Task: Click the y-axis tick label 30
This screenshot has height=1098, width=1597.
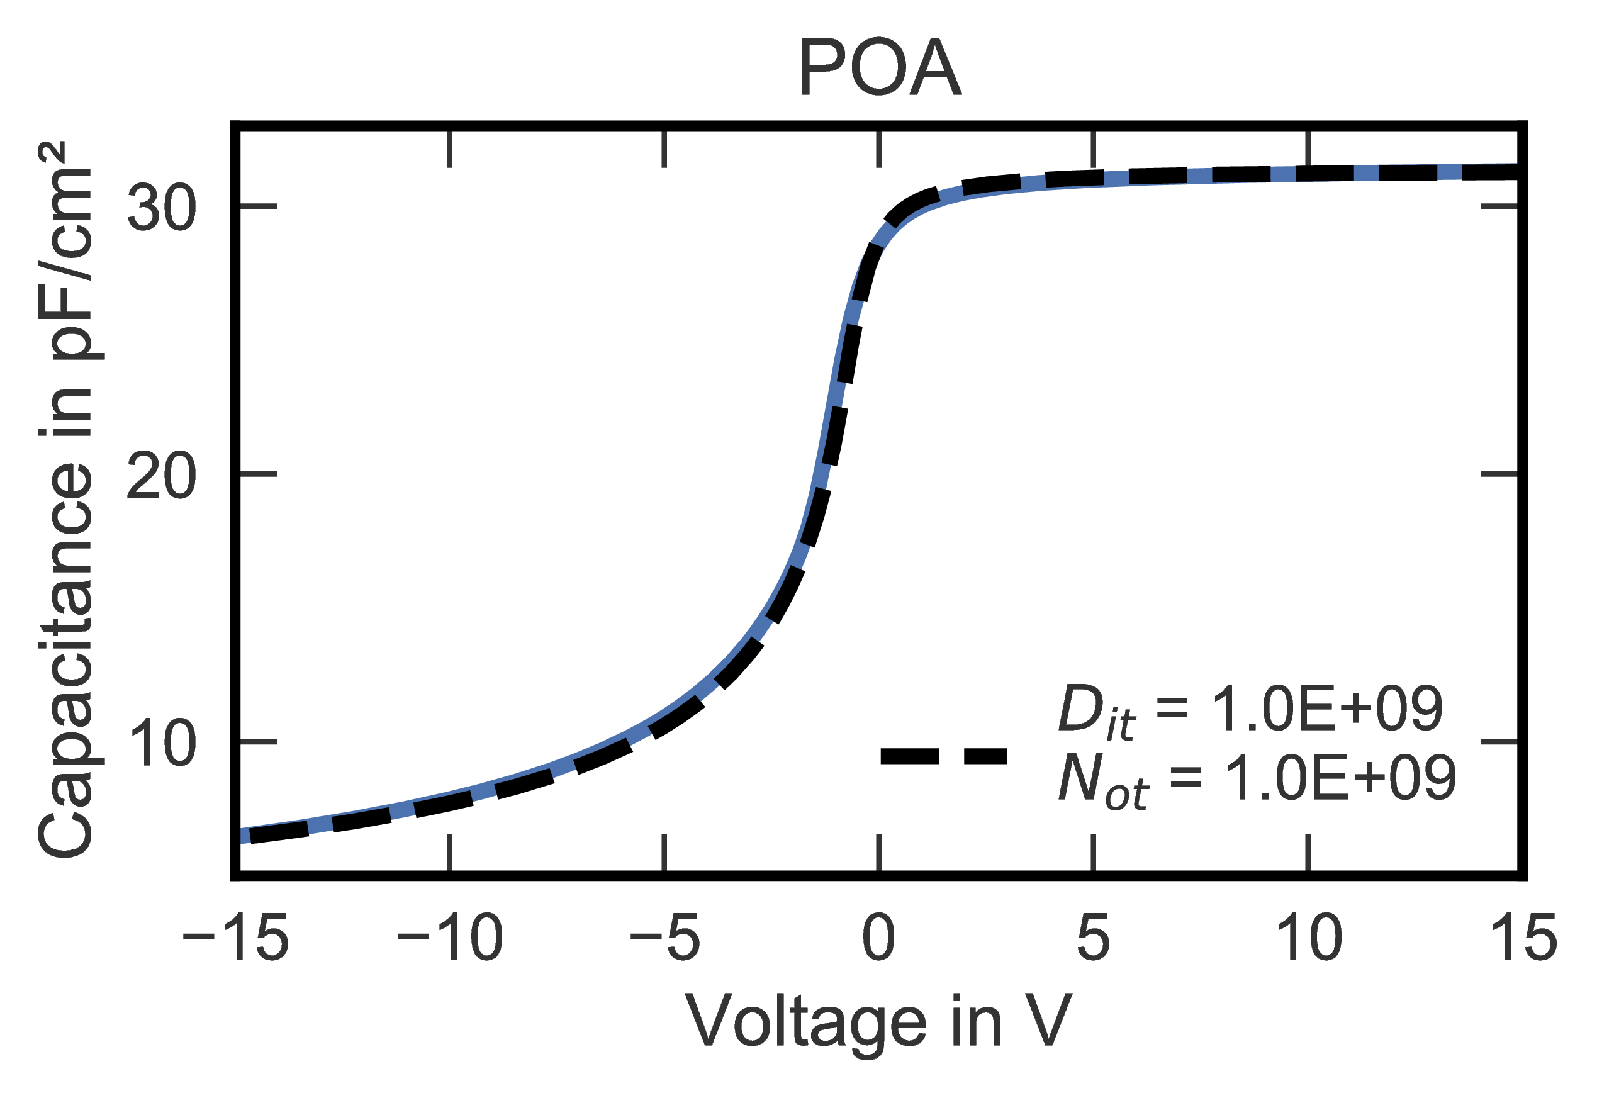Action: (162, 207)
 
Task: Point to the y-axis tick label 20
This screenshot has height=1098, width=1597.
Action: (162, 474)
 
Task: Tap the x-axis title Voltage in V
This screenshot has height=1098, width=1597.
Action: (879, 1022)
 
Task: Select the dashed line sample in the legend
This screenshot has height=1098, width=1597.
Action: (944, 756)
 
